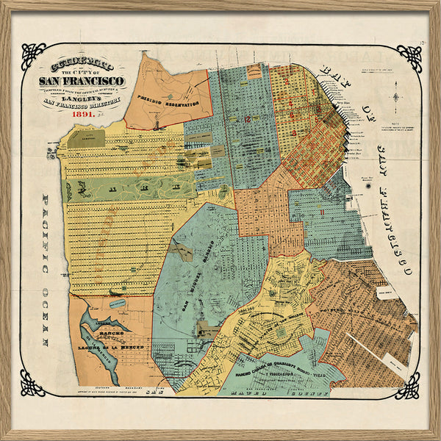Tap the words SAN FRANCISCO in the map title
[82, 80]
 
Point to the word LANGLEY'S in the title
[82, 98]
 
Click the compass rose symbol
[396, 97]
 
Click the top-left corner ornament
[34, 56]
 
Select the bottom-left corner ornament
[34, 383]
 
